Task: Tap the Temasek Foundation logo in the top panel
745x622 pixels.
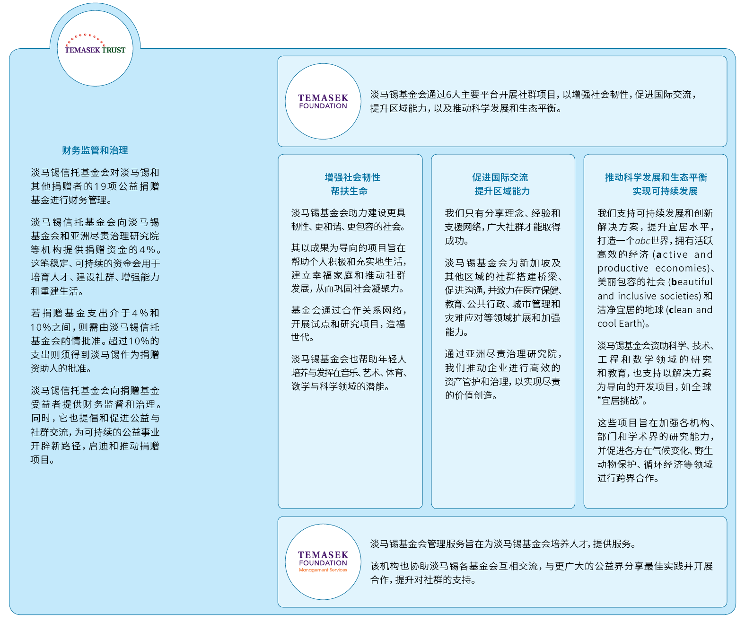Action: pos(323,101)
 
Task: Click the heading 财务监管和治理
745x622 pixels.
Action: pos(95,150)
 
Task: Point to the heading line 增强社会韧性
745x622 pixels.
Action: pos(352,177)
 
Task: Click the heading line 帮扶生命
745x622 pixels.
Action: pos(349,191)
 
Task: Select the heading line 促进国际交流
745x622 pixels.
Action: pos(500,177)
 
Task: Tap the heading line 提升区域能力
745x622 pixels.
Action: pos(502,191)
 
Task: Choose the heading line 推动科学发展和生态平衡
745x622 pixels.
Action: pos(656,177)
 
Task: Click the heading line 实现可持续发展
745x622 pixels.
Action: pos(665,191)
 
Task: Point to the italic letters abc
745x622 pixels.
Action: pos(643,241)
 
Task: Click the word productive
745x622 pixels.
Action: pos(622,268)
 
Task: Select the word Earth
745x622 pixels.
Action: pos(631,324)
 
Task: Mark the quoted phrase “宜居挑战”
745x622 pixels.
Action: pos(622,401)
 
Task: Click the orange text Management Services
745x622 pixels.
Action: pos(323,570)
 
